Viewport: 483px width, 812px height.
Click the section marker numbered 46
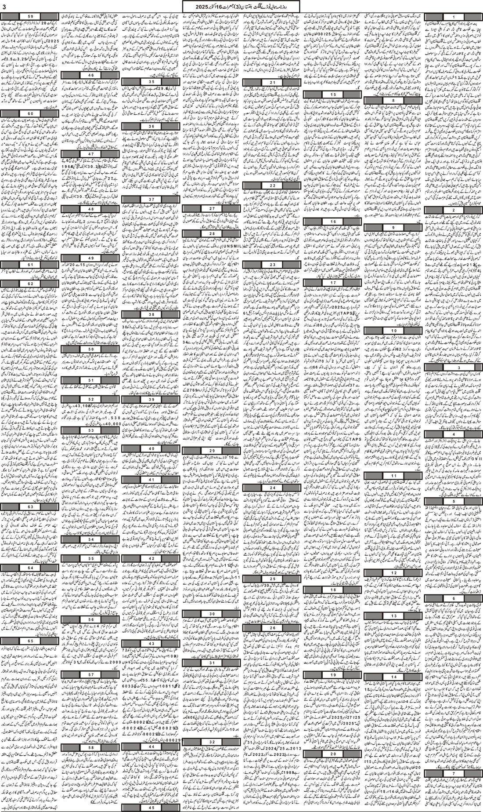coord(91,75)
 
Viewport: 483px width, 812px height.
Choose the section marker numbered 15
coord(332,95)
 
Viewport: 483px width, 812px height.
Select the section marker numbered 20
coord(333,753)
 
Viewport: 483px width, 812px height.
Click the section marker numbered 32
coord(212,741)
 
